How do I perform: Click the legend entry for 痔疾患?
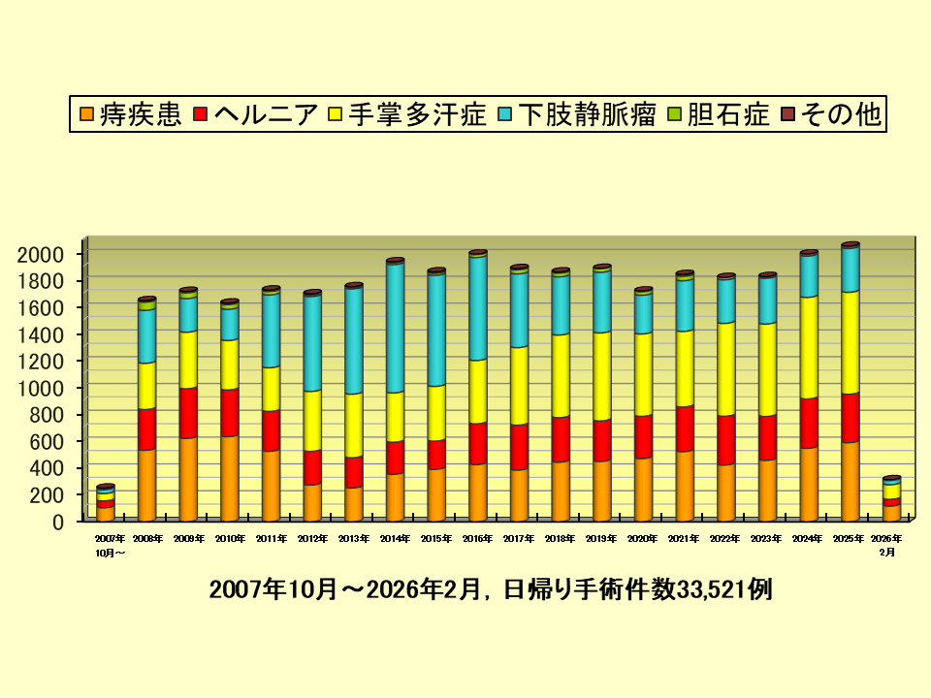(130, 115)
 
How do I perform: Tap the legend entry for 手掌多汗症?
(406, 115)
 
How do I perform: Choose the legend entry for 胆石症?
(718, 115)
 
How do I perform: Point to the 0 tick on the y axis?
(57, 522)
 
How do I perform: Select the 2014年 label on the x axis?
(395, 538)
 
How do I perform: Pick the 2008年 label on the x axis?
(147, 538)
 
